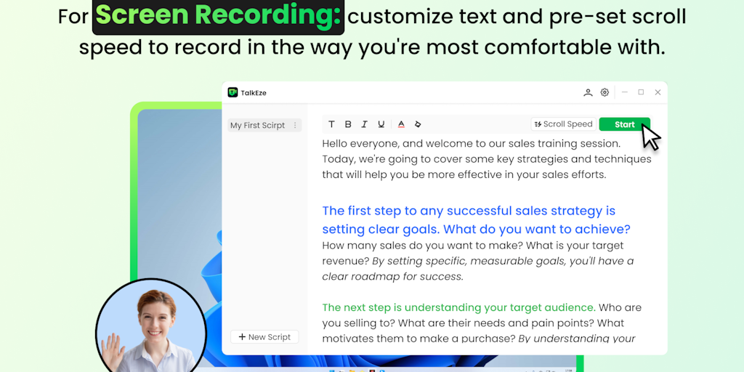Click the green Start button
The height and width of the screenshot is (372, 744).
tap(624, 124)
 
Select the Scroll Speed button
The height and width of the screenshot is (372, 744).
tap(564, 124)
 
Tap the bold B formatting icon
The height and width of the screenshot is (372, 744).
tap(348, 124)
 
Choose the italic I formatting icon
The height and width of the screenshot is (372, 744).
tap(365, 124)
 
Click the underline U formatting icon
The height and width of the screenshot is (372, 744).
tap(381, 124)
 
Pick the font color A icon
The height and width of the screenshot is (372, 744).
tap(401, 124)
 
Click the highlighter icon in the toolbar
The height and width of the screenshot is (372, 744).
tap(418, 124)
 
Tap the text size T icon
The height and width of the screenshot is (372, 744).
tap(331, 124)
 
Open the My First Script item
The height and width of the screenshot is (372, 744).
tap(258, 125)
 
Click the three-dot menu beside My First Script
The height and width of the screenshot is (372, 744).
tap(295, 125)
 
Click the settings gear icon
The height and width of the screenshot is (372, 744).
tap(604, 92)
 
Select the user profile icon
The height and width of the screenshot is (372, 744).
tap(588, 92)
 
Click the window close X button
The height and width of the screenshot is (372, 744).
tap(658, 92)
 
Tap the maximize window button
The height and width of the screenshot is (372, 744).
tap(641, 92)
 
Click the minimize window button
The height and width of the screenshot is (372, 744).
tap(624, 92)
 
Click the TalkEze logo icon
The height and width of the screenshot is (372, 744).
tap(232, 92)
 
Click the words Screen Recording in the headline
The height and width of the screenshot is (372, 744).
tap(218, 16)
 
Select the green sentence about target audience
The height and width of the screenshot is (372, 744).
tap(459, 307)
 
